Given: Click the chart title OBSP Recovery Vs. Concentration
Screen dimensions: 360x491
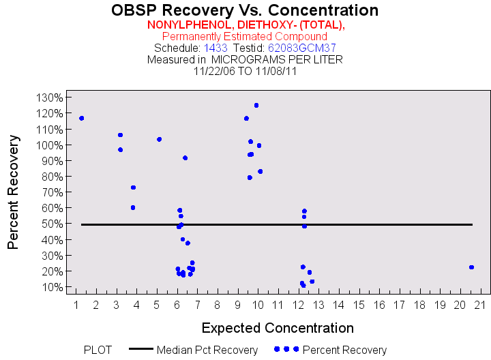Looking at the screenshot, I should pyautogui.click(x=245, y=10).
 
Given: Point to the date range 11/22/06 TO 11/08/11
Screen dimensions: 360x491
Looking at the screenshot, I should pyautogui.click(x=245, y=70).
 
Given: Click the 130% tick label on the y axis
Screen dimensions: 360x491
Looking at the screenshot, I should pyautogui.click(x=47, y=97).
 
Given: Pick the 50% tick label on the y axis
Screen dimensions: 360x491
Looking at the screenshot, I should pyautogui.click(x=50, y=224).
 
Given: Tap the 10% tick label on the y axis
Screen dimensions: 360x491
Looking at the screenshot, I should pyautogui.click(x=50, y=286).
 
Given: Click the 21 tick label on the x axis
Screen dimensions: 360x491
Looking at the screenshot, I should pyautogui.click(x=481, y=303).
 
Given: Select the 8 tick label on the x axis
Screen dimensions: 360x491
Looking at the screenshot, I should pyautogui.click(x=218, y=303).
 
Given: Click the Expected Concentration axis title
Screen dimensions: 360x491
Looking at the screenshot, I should pyautogui.click(x=278, y=328).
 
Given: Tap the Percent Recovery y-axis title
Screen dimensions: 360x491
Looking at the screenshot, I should pyautogui.click(x=13, y=192).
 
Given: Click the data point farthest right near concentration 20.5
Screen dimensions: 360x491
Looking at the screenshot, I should pyautogui.click(x=471, y=267).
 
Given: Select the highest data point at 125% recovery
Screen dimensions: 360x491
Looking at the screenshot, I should pyautogui.click(x=256, y=105).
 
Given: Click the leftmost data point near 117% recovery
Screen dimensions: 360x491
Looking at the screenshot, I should pyautogui.click(x=82, y=118).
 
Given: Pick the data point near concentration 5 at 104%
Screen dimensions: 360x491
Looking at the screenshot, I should pyautogui.click(x=159, y=139).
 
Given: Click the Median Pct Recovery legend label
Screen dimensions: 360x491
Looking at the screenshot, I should pyautogui.click(x=207, y=350).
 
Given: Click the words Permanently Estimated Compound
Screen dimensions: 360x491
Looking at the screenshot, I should pyautogui.click(x=245, y=36).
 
